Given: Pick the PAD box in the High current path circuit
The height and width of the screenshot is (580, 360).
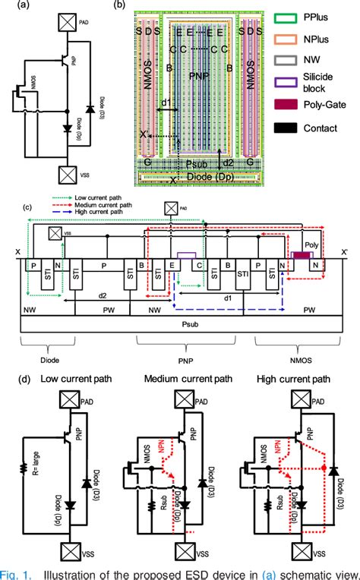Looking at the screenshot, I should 302,398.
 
